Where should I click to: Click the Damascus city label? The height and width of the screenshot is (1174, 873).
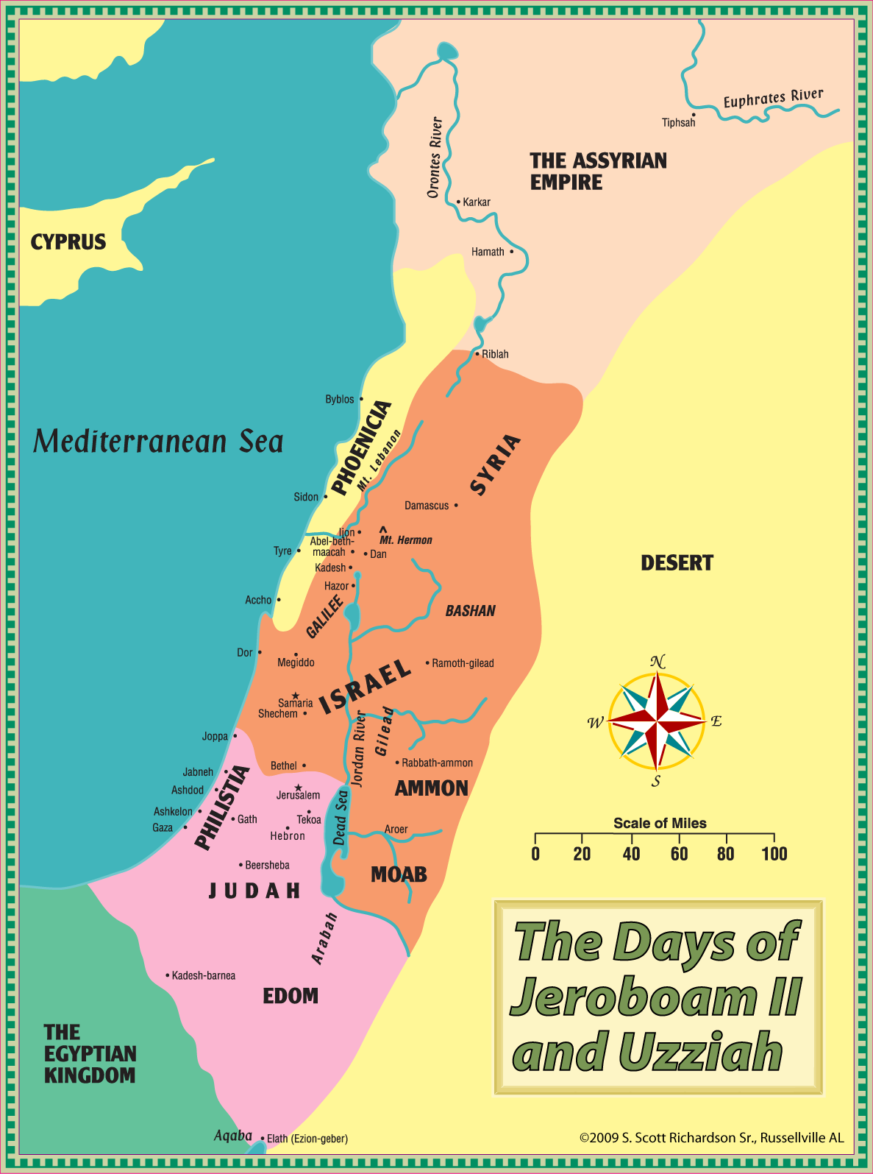427,506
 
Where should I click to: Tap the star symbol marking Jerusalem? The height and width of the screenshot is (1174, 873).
298,788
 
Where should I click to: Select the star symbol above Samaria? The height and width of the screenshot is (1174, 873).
296,695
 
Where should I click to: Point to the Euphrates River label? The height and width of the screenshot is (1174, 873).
773,98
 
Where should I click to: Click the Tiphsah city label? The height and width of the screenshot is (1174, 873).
678,123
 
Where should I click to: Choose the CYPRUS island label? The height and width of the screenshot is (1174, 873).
68,242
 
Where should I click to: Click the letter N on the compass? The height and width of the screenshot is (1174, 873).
658,661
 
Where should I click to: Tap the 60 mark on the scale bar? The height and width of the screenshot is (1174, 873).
679,854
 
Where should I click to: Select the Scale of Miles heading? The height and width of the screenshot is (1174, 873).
660,823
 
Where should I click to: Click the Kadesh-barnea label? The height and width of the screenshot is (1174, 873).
203,975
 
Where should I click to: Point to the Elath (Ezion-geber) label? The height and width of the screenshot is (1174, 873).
307,1139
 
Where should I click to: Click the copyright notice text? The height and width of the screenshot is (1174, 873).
711,1138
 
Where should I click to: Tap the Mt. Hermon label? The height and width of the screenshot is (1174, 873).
406,540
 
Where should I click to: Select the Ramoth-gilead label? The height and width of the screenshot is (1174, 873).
463,663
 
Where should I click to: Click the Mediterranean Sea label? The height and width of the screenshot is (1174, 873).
158,442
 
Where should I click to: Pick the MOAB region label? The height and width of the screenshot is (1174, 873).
399,874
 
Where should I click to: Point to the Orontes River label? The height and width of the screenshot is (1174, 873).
435,158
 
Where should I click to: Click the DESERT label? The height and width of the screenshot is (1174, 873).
677,563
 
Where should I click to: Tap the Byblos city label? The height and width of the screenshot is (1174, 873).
340,400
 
